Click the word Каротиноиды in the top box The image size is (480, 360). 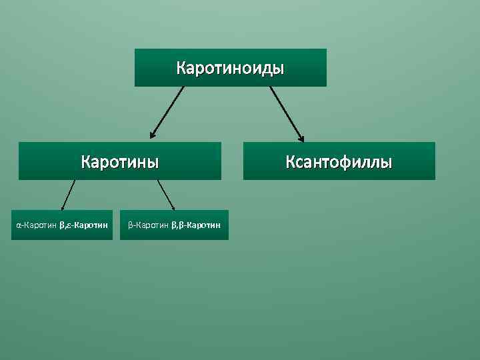click(230, 68)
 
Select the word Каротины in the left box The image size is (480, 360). click(120, 162)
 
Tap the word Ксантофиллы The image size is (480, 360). click(339, 162)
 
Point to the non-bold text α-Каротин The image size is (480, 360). click(37, 225)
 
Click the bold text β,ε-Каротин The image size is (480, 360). click(84, 225)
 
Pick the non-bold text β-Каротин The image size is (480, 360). click(149, 225)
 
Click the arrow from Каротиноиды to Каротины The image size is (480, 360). click(167, 112)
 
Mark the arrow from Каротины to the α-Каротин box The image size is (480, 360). click(69, 195)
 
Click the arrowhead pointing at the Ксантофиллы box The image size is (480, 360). click(301, 139)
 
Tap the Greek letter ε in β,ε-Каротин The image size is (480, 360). click(70, 226)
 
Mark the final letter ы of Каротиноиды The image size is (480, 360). click(279, 68)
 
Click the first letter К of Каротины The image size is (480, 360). click(85, 162)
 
